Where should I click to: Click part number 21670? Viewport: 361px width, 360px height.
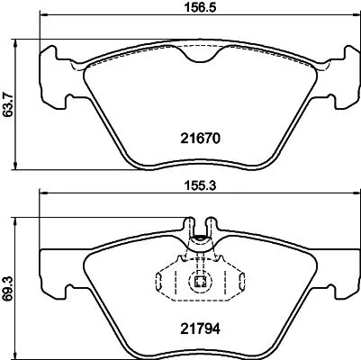197,139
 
